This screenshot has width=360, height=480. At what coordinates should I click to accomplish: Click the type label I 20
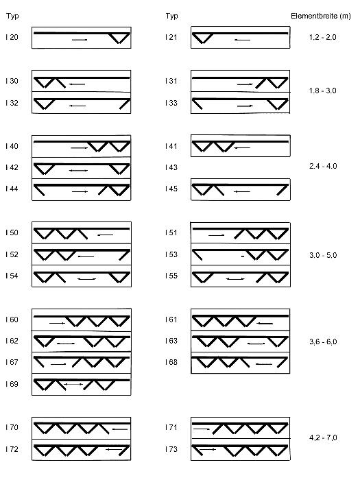12,37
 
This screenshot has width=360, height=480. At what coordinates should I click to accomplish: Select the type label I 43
171,167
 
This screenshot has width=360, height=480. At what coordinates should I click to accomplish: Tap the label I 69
12,384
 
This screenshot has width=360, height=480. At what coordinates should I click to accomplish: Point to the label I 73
171,449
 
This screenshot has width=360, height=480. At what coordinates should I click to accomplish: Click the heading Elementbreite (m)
320,16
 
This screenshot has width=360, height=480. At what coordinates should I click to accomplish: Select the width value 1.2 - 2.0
323,37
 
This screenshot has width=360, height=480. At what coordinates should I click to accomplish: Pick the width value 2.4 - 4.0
323,166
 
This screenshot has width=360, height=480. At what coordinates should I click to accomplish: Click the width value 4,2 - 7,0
323,437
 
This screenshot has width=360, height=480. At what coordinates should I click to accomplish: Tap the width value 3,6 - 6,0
323,341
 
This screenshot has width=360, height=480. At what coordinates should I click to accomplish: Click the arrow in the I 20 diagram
80,40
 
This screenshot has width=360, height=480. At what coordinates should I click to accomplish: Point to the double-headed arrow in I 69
73,384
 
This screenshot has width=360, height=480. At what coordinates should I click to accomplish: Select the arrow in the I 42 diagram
79,171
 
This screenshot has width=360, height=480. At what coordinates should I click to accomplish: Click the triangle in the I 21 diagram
203,38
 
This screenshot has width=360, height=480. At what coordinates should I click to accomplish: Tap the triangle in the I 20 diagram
120,38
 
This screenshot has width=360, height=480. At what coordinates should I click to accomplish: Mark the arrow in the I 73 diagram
208,449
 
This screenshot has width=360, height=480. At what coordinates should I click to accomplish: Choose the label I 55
171,276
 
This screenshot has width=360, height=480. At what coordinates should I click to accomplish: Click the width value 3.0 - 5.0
323,255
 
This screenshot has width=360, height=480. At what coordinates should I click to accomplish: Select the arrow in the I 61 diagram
265,323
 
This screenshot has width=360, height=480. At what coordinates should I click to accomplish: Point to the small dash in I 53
243,256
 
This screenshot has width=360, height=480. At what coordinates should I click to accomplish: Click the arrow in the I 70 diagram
120,429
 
